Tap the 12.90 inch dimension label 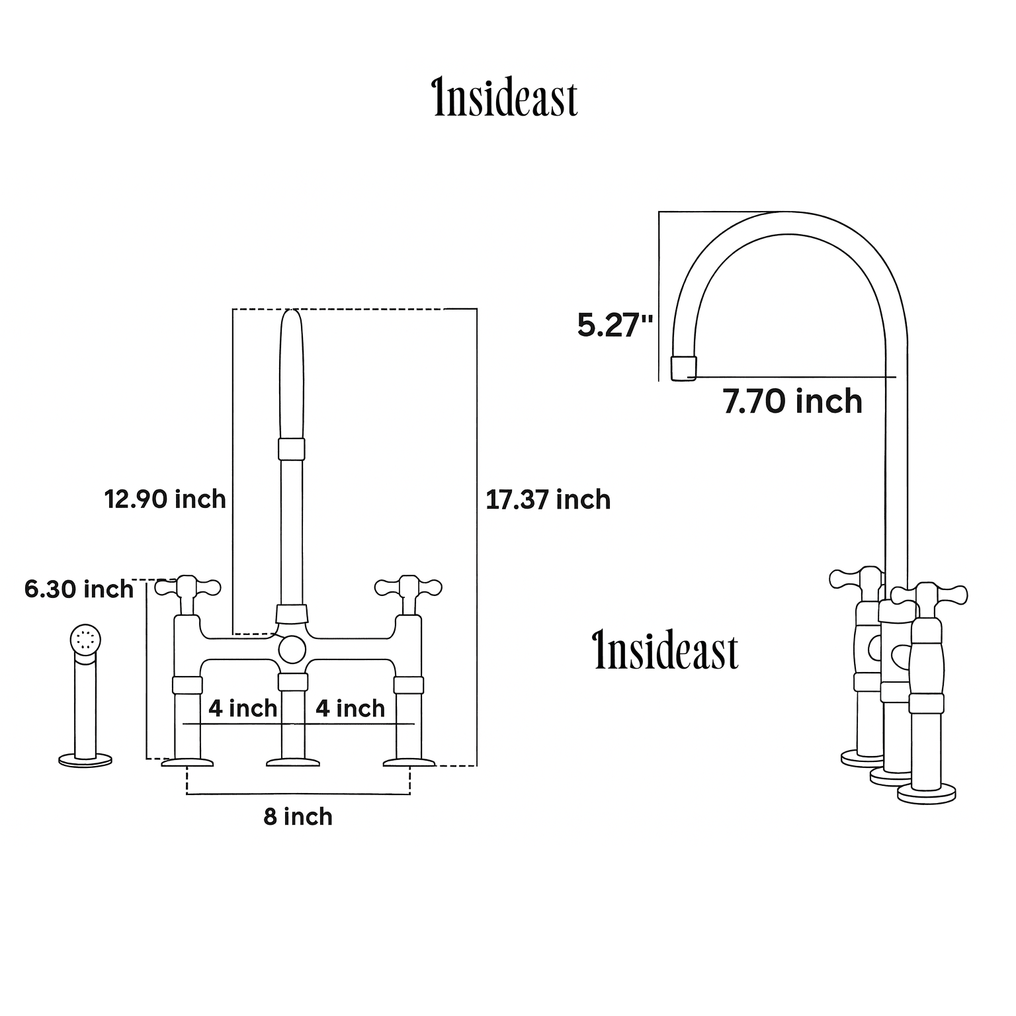(165, 499)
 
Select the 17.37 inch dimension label (548, 499)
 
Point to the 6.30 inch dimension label (79, 589)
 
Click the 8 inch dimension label (298, 817)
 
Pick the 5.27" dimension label (615, 325)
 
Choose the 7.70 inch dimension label (792, 402)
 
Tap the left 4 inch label (243, 708)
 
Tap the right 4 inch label (350, 708)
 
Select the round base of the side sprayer (85, 761)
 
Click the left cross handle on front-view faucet (187, 587)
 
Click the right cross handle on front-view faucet (408, 587)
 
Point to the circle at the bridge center (292, 649)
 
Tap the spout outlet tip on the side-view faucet (683, 368)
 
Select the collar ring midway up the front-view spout (292, 448)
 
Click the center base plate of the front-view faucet (292, 763)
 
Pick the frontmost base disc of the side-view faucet (926, 793)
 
